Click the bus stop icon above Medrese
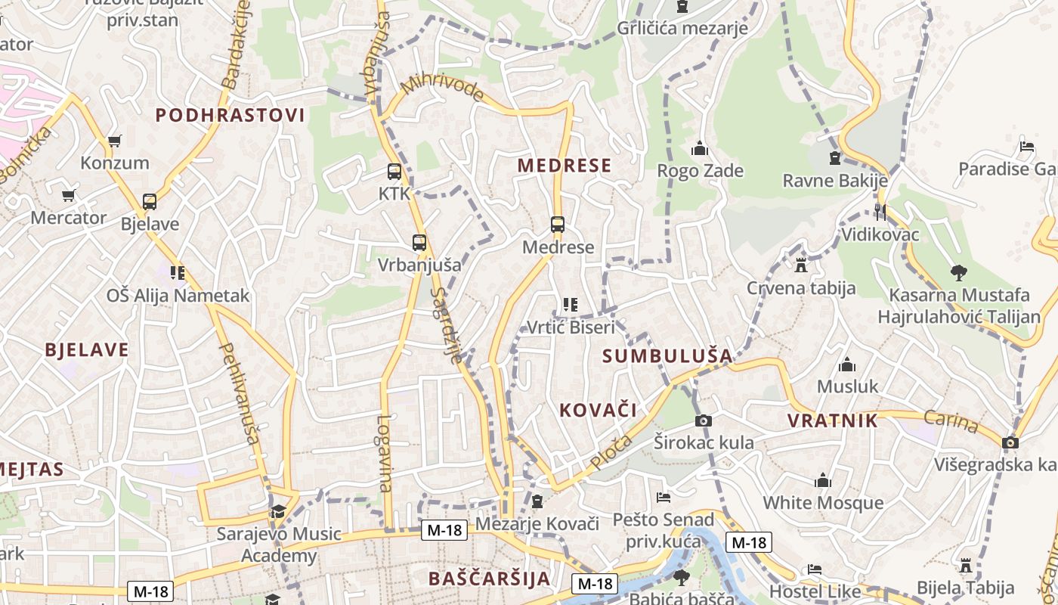pyautogui.click(x=557, y=225)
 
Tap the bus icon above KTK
pyautogui.click(x=394, y=172)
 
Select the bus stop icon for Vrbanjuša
pyautogui.click(x=419, y=243)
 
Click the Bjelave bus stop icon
pyautogui.click(x=150, y=202)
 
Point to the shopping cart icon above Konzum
pyautogui.click(x=115, y=141)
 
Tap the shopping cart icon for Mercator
pyautogui.click(x=68, y=196)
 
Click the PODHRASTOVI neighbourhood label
pyautogui.click(x=230, y=115)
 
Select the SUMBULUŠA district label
pyautogui.click(x=667, y=355)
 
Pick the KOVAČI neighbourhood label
pyautogui.click(x=598, y=410)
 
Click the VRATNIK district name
pyautogui.click(x=832, y=420)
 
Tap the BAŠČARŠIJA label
pyautogui.click(x=489, y=579)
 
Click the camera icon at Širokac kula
pyautogui.click(x=704, y=420)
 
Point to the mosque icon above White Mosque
pyautogui.click(x=823, y=481)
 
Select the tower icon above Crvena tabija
pyautogui.click(x=801, y=265)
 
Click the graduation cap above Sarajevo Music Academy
pyautogui.click(x=279, y=512)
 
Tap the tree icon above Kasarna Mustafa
pyautogui.click(x=958, y=272)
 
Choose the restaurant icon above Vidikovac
pyautogui.click(x=880, y=212)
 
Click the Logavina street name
pyautogui.click(x=385, y=454)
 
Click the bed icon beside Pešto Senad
pyautogui.click(x=663, y=498)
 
